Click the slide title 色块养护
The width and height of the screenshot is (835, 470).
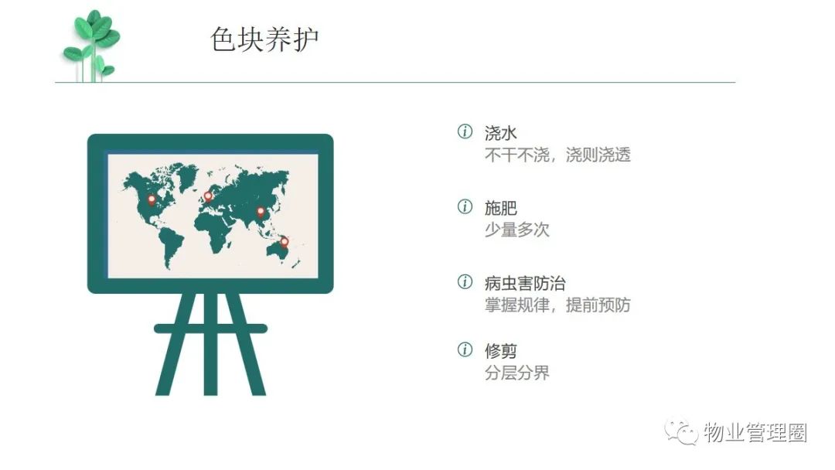coord(264,39)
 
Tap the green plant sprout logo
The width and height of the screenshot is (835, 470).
coord(91,46)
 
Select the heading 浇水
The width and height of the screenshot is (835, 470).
coord(500,132)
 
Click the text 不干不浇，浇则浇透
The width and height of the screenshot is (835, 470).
coord(557,155)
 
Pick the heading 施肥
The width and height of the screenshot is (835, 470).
coord(500,208)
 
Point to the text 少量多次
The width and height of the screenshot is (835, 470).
coord(516,230)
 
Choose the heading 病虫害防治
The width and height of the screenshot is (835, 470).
coord(524,283)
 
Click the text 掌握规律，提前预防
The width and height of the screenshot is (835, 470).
coord(557,305)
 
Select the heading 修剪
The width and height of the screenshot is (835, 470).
coord(500,351)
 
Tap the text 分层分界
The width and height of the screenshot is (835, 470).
coord(516,373)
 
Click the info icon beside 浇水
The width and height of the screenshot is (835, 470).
coord(465,131)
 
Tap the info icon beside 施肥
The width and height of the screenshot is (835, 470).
coord(465,206)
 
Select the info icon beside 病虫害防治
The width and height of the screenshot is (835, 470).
coord(465,281)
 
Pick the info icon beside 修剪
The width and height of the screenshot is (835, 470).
coord(465,349)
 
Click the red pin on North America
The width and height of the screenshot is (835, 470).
coord(152,200)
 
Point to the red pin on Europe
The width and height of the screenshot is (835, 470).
coord(208,196)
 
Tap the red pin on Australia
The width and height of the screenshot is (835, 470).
coord(285,242)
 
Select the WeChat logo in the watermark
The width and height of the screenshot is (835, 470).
coord(681,431)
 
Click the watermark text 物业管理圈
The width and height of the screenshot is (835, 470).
coord(755,431)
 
